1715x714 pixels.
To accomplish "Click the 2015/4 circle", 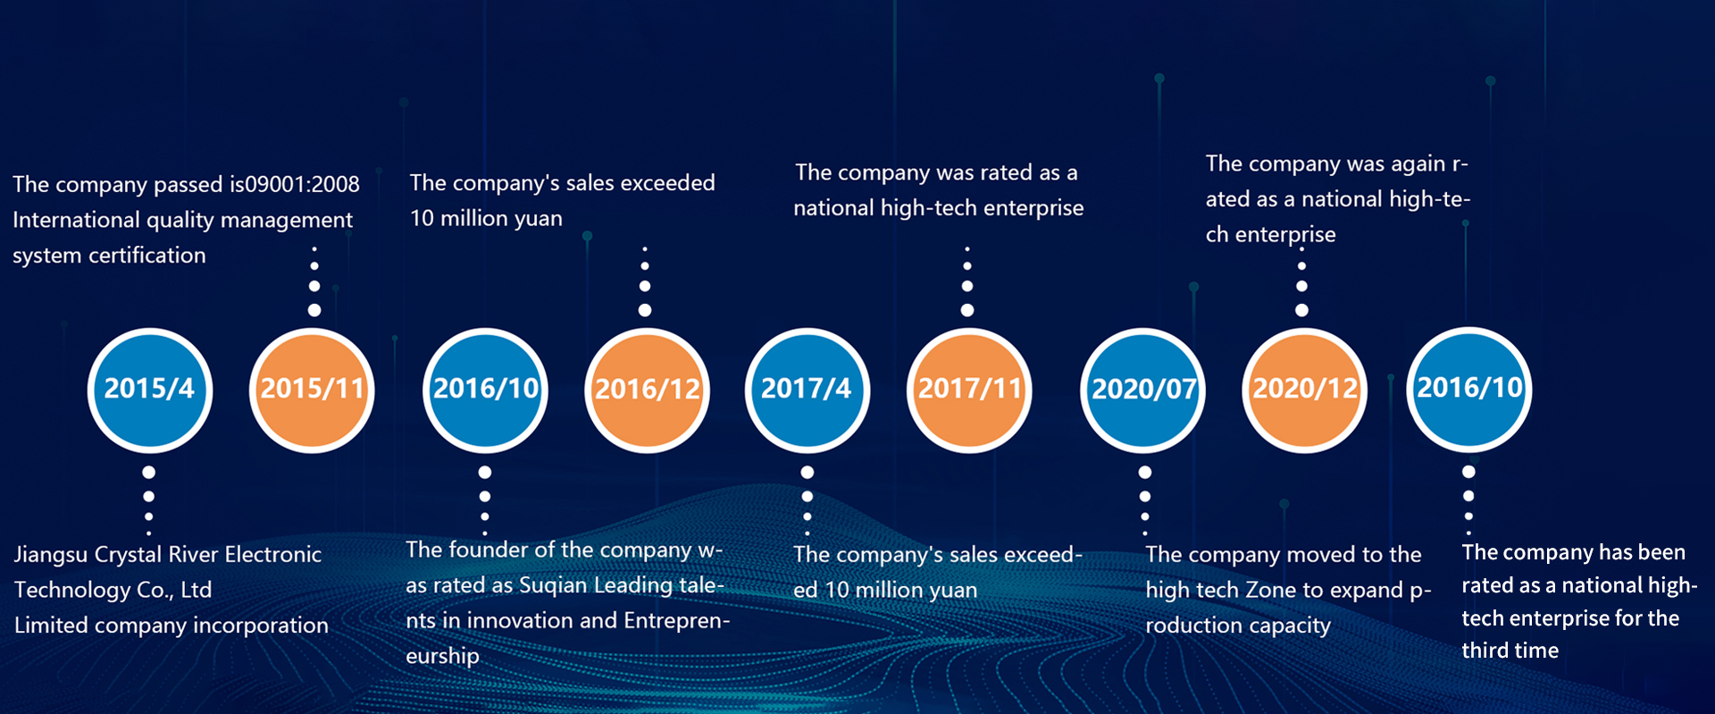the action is coord(150,390).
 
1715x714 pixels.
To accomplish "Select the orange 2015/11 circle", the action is coord(312,390).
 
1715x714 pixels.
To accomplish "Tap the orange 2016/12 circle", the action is coord(648,390).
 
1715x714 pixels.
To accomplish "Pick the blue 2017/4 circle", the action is coord(807,390).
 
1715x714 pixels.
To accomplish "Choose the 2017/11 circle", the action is coord(970,390).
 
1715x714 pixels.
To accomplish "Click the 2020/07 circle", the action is coord(1143,390).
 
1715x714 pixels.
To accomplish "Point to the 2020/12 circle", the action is coord(1305,390).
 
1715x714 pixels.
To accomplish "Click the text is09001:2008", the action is coord(294,184).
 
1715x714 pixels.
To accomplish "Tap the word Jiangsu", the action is coord(52,556).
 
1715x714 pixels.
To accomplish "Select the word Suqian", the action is coord(554,586).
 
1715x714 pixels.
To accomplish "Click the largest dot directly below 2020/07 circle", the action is coord(1145,473).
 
